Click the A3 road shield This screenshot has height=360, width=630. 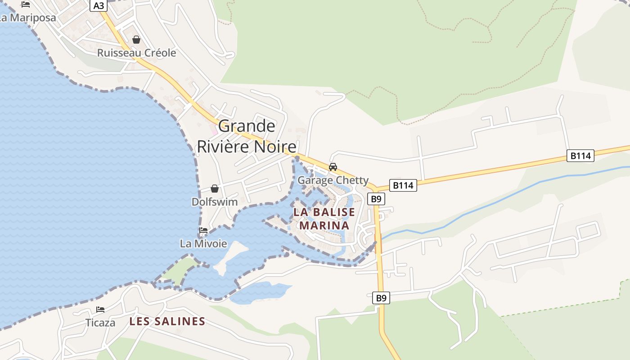[99, 5]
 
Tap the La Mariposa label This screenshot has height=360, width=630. [27, 18]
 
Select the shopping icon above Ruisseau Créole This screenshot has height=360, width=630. [136, 40]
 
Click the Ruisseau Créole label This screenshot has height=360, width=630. [136, 53]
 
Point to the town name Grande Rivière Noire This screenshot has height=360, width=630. [247, 136]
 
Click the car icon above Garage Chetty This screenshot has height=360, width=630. [333, 167]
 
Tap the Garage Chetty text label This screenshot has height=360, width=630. [333, 180]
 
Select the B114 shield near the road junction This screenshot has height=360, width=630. [403, 185]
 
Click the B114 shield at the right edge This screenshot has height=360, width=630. [580, 156]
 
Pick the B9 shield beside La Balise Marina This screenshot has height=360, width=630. [376, 198]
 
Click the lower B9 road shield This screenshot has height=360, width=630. [381, 297]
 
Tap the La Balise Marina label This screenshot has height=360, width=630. [324, 219]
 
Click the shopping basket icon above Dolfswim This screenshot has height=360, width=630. [215, 188]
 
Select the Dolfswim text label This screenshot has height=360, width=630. [215, 202]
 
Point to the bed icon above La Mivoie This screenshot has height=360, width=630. [203, 230]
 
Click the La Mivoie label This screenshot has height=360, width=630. [203, 244]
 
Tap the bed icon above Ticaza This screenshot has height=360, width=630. [100, 310]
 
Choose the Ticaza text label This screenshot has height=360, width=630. [100, 323]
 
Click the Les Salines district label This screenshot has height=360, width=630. [167, 321]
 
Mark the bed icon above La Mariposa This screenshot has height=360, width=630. [26, 4]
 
